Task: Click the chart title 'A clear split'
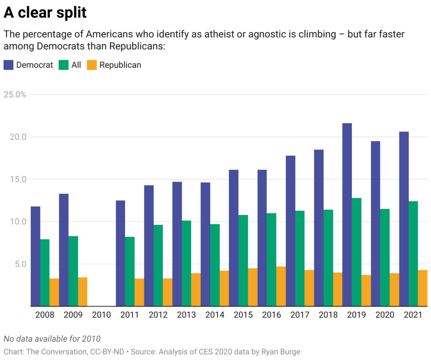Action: [x=45, y=13]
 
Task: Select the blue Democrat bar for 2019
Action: [x=347, y=214]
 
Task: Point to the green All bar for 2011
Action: [x=130, y=271]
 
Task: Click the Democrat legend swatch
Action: [x=9, y=65]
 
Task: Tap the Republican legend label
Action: [x=120, y=65]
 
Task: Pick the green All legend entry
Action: [x=71, y=65]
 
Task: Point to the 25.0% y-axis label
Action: [x=15, y=95]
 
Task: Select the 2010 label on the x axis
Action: [x=101, y=315]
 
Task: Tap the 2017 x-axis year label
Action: [x=300, y=315]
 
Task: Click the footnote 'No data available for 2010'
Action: [x=52, y=339]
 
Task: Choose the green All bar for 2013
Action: [x=186, y=263]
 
